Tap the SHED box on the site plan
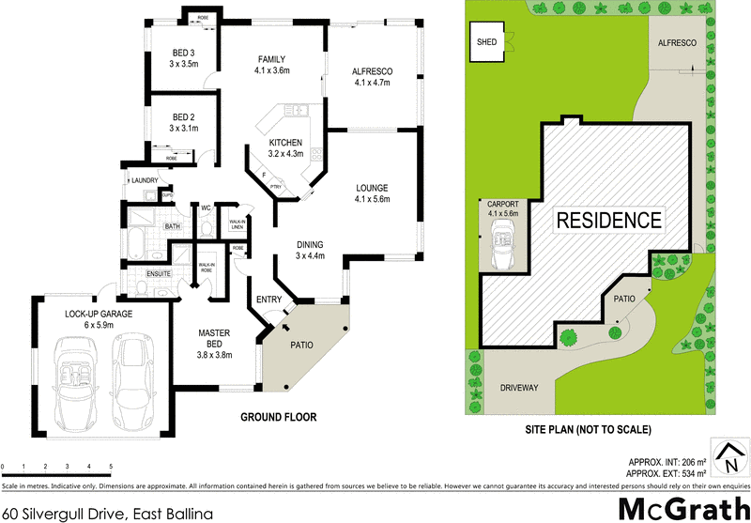pos(487,42)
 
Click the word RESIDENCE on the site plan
pos(609,221)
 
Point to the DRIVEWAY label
pos(518,385)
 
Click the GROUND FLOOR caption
pos(279,417)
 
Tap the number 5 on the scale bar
pos(111,467)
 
